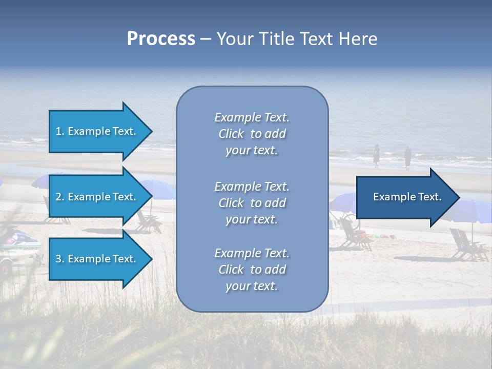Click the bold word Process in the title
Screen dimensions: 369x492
point(161,39)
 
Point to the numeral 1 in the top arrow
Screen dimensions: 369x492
point(58,131)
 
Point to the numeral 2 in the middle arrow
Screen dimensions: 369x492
point(58,197)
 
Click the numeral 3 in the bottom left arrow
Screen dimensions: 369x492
point(58,259)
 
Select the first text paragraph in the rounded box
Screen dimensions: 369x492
point(252,134)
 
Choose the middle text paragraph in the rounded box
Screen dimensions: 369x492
point(252,203)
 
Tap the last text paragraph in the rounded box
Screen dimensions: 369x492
point(252,270)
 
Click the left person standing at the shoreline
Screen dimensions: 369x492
point(376,156)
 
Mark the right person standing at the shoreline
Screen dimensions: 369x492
point(407,157)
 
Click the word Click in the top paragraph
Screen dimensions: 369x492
point(231,134)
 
